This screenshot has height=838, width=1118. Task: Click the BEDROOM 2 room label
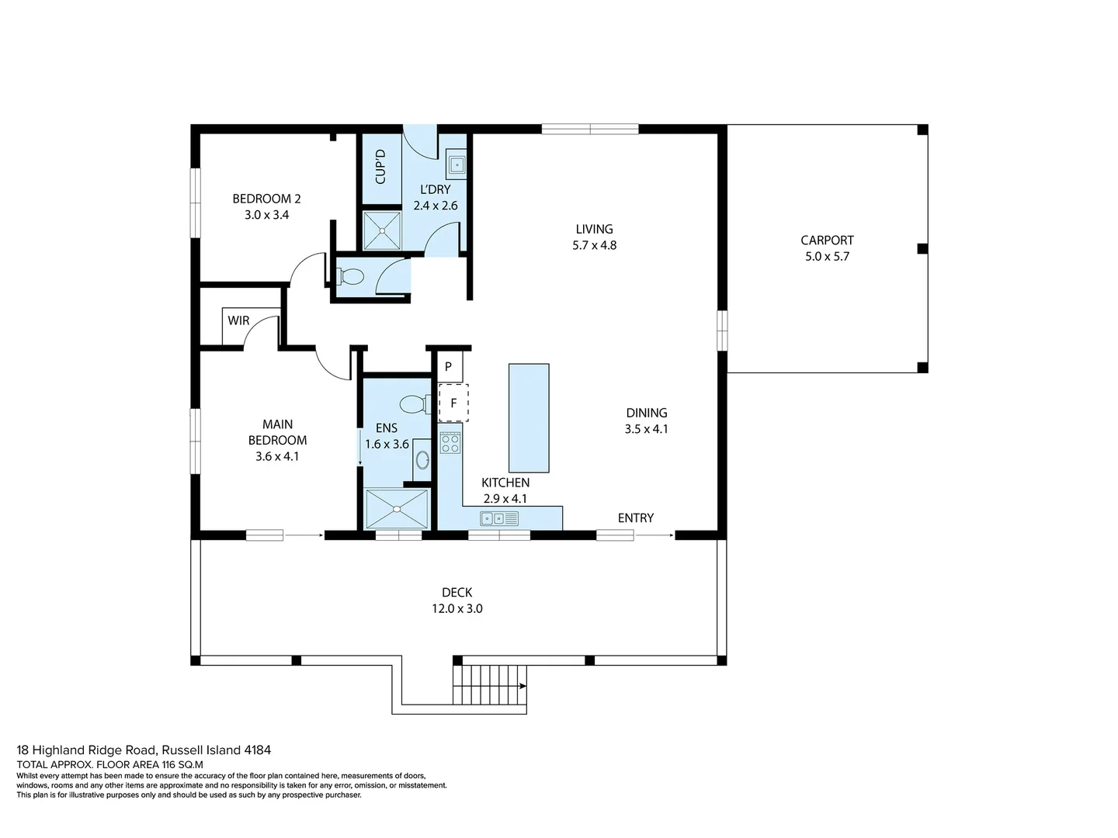[x=266, y=199]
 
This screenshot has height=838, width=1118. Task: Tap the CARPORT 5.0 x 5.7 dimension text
[x=827, y=257]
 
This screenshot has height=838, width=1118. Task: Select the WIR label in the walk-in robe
[x=238, y=320]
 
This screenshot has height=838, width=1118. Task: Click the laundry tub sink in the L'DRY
[x=457, y=164]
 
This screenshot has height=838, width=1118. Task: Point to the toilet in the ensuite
[x=414, y=403]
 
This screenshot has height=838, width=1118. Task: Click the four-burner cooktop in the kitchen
[x=450, y=443]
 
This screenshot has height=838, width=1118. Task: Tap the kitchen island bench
[x=529, y=417]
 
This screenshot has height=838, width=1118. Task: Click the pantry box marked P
[x=449, y=367]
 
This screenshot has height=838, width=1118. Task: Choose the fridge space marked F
[x=453, y=403]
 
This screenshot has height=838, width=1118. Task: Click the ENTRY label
[x=635, y=518]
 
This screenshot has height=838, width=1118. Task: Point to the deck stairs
[x=490, y=684]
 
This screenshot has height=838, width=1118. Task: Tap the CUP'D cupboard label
[x=380, y=166]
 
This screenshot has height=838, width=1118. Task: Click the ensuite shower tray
[x=397, y=509]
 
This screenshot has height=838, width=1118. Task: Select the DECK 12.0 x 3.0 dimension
[x=457, y=609]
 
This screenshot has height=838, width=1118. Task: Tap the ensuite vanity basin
[x=422, y=460]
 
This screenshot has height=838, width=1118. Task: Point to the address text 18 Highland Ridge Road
[x=144, y=750]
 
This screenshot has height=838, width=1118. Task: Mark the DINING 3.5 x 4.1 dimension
[x=646, y=429]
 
